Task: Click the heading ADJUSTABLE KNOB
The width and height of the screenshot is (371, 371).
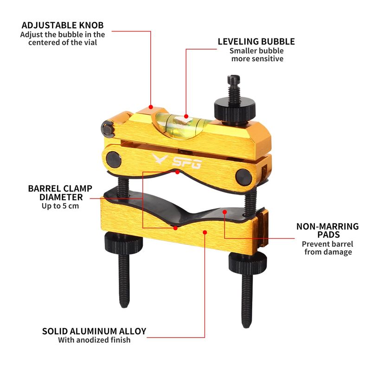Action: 63,25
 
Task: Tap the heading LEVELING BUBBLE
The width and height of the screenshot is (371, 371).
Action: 256,41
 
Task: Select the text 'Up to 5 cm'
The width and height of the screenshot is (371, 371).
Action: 60,206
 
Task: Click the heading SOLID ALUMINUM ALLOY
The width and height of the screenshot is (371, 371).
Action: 94,331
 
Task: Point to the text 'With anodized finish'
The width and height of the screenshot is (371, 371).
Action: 94,340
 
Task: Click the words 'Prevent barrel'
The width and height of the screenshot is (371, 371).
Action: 327,244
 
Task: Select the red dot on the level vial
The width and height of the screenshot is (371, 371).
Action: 186,116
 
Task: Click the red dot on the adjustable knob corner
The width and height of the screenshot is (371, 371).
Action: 151,107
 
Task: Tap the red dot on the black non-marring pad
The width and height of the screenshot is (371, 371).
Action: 224,212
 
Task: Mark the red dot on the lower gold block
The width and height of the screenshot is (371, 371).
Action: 205,233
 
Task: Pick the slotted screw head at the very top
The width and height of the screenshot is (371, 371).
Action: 234,80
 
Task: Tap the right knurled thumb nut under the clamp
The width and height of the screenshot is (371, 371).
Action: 248,263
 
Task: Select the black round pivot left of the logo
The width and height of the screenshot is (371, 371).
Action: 114,160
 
